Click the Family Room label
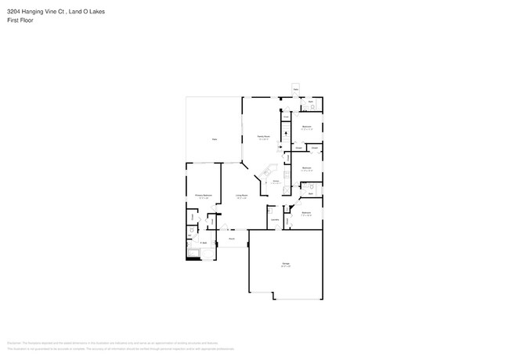264,138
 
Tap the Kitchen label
276,182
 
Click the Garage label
286,265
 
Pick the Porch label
233,238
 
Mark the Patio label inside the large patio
213,139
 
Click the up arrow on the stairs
287,134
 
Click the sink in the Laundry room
269,210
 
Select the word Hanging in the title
38,12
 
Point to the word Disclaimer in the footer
13,342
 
